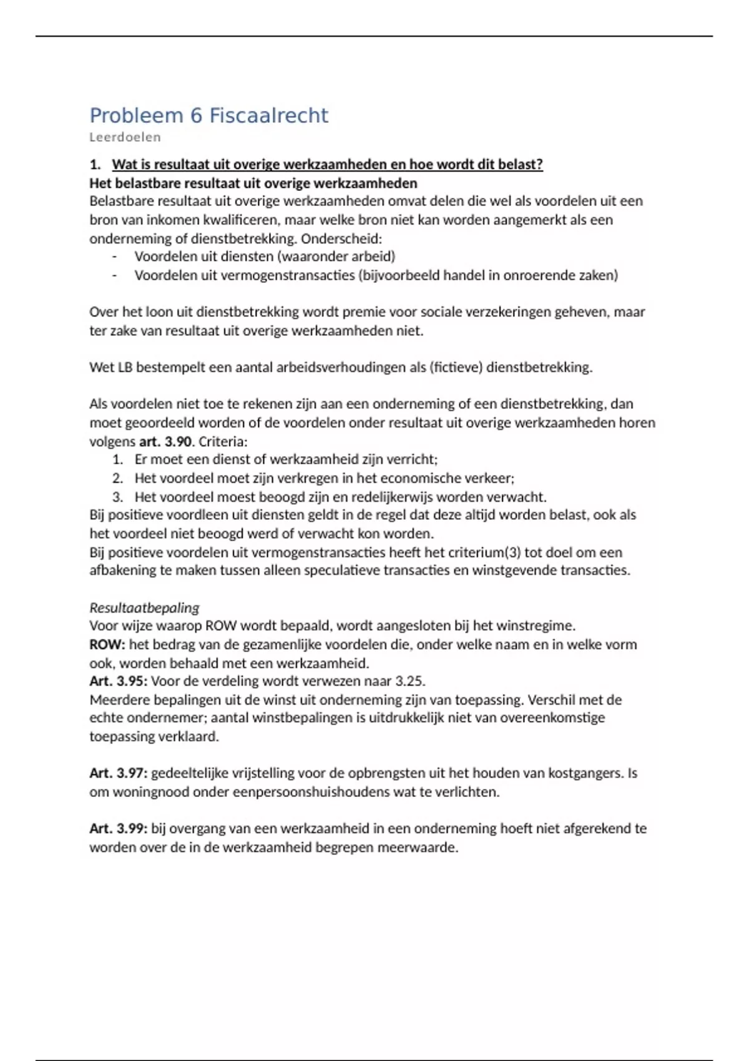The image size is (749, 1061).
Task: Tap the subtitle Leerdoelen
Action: [125, 137]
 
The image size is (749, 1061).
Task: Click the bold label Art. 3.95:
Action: [118, 681]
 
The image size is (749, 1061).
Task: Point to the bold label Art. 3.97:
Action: [118, 773]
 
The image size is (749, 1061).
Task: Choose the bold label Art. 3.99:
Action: [118, 829]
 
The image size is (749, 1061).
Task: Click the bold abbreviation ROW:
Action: [107, 644]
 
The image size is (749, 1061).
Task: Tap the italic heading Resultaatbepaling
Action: [144, 608]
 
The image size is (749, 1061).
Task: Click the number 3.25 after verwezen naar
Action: [410, 681]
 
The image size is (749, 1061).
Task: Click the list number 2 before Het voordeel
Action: [117, 479]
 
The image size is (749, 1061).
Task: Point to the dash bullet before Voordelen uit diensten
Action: [114, 257]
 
